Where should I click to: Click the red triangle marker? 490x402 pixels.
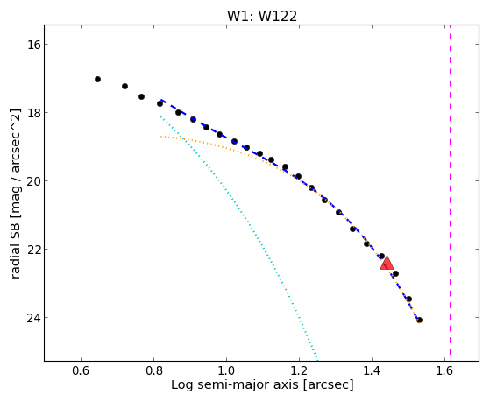387,263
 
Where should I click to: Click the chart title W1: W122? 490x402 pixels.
262,17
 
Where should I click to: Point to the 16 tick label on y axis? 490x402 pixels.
33,45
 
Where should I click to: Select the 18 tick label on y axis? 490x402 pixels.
33,112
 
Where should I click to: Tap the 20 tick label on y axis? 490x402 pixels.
33,180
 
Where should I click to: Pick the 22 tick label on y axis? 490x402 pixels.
33,250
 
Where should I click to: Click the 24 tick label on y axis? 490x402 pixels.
33,318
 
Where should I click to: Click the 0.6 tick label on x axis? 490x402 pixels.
81,370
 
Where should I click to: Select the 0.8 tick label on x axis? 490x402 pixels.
153,370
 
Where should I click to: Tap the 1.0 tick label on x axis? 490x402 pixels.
226,370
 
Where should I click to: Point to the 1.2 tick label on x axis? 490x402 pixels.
300,370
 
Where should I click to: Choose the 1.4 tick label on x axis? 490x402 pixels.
372,370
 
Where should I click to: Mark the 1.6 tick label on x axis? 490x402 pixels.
444,370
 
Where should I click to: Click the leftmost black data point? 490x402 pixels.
97,80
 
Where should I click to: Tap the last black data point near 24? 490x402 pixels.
419,321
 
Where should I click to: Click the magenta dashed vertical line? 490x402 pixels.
450,190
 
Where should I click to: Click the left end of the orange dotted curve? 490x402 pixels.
161,137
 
